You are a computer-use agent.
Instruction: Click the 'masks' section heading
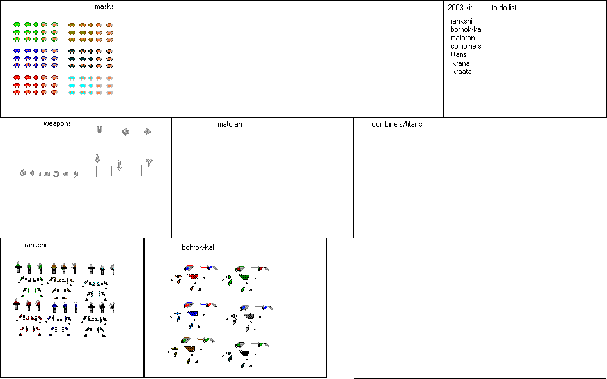pos(104,7)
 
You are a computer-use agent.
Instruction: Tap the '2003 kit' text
pos(460,8)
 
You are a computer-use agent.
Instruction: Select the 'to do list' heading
pos(503,8)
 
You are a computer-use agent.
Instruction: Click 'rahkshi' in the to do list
pos(461,21)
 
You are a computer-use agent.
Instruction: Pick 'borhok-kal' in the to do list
pos(466,29)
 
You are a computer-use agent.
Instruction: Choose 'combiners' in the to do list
pos(466,46)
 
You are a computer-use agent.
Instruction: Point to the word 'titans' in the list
pos(458,54)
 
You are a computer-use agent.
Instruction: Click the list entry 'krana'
pos(461,63)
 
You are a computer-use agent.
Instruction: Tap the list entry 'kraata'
pos(462,72)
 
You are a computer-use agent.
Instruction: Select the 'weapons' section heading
pos(58,123)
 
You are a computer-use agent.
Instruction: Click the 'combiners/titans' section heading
pos(397,124)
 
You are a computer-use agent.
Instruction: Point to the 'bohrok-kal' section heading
pos(198,247)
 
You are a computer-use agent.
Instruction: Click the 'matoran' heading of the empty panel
pos(230,124)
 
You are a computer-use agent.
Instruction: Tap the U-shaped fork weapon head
pos(99,130)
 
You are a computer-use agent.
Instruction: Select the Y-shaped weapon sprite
pos(149,162)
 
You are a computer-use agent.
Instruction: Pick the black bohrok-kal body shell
pos(244,352)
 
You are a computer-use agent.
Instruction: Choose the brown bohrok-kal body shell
pos(191,350)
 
